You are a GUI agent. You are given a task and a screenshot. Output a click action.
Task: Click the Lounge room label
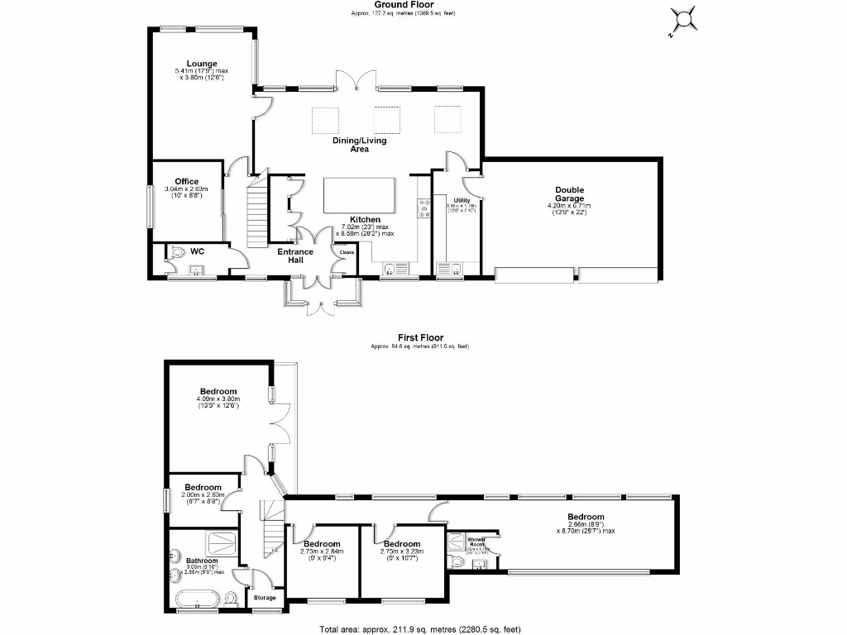click(201, 64)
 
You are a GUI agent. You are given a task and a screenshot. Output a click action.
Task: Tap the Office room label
click(186, 182)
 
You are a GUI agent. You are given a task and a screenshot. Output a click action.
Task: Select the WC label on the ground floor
click(197, 250)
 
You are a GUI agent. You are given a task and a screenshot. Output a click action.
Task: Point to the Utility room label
click(462, 200)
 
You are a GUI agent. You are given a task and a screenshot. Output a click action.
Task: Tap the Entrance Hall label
click(294, 255)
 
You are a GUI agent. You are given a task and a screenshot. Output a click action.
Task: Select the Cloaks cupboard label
click(346, 252)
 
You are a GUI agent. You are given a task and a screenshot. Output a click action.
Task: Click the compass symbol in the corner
click(682, 19)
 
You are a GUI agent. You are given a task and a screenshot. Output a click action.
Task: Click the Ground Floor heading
click(403, 4)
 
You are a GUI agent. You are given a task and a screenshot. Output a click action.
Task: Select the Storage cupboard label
click(265, 598)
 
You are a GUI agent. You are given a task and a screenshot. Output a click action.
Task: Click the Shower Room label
click(476, 539)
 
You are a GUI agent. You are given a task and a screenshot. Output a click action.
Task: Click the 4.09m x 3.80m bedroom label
click(218, 392)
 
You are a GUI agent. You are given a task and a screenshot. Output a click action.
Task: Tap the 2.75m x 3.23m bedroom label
click(403, 544)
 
